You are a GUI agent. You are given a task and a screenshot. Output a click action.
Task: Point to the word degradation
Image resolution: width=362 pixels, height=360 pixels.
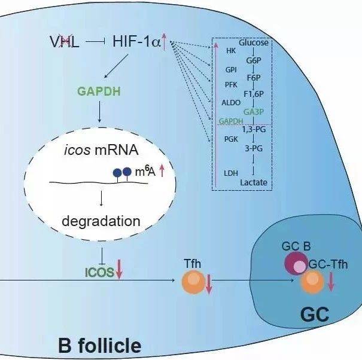[101, 221]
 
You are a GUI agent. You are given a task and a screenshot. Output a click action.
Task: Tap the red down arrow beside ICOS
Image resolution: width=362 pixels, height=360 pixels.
[120, 270]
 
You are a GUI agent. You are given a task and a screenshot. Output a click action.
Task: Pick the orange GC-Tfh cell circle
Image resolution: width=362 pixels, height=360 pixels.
[312, 281]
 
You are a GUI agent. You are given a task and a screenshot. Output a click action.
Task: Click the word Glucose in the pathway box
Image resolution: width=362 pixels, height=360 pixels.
[253, 43]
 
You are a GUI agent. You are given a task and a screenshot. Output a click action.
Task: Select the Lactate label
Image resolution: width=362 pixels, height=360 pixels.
[253, 182]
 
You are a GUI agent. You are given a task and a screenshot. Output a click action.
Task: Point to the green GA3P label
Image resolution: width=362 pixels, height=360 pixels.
[254, 112]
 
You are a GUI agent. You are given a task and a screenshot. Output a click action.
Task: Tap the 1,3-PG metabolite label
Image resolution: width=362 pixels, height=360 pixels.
[254, 129]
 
